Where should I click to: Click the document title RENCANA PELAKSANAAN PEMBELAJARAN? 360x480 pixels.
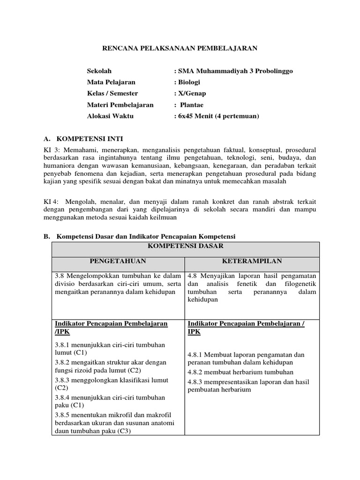pos(180,48)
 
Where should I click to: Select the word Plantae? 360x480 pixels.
pos(193,105)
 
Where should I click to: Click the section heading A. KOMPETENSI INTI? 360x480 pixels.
pos(83,139)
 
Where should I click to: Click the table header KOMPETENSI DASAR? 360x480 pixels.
pos(186,246)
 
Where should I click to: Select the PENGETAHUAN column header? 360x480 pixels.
pos(119,261)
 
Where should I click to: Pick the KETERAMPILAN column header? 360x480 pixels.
pos(252,261)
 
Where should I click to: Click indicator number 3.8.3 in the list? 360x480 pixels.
pos(63,380)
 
